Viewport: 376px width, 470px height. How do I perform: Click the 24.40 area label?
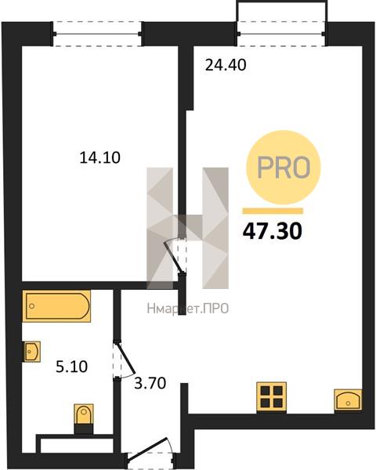226,65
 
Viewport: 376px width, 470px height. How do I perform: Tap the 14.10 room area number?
99,157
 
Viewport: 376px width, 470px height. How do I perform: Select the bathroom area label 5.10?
71,367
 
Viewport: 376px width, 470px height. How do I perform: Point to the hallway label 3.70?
150,383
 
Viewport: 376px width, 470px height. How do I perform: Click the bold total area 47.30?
273,231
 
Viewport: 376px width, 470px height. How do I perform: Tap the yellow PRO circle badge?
284,168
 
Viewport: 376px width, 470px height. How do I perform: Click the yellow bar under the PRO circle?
273,211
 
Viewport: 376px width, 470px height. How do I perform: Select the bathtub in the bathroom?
56,305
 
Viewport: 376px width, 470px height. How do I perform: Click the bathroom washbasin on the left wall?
32,351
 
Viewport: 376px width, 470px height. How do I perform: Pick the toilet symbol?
84,418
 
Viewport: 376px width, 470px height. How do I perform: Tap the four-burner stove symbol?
271,396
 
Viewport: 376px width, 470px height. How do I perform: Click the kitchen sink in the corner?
348,400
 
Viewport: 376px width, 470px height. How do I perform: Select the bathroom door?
125,360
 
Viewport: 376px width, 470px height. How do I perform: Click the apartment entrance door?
150,453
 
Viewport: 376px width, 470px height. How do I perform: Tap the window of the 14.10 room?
97,34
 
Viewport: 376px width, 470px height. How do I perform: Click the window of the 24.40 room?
281,34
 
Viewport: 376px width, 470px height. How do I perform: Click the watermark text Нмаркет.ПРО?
188,309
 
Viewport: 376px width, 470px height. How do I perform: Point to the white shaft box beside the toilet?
77,446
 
